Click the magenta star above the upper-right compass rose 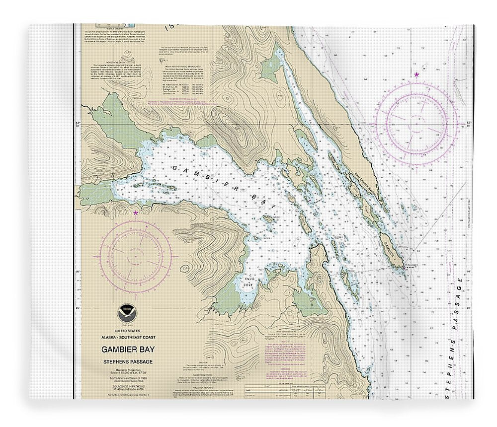click(x=416, y=75)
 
